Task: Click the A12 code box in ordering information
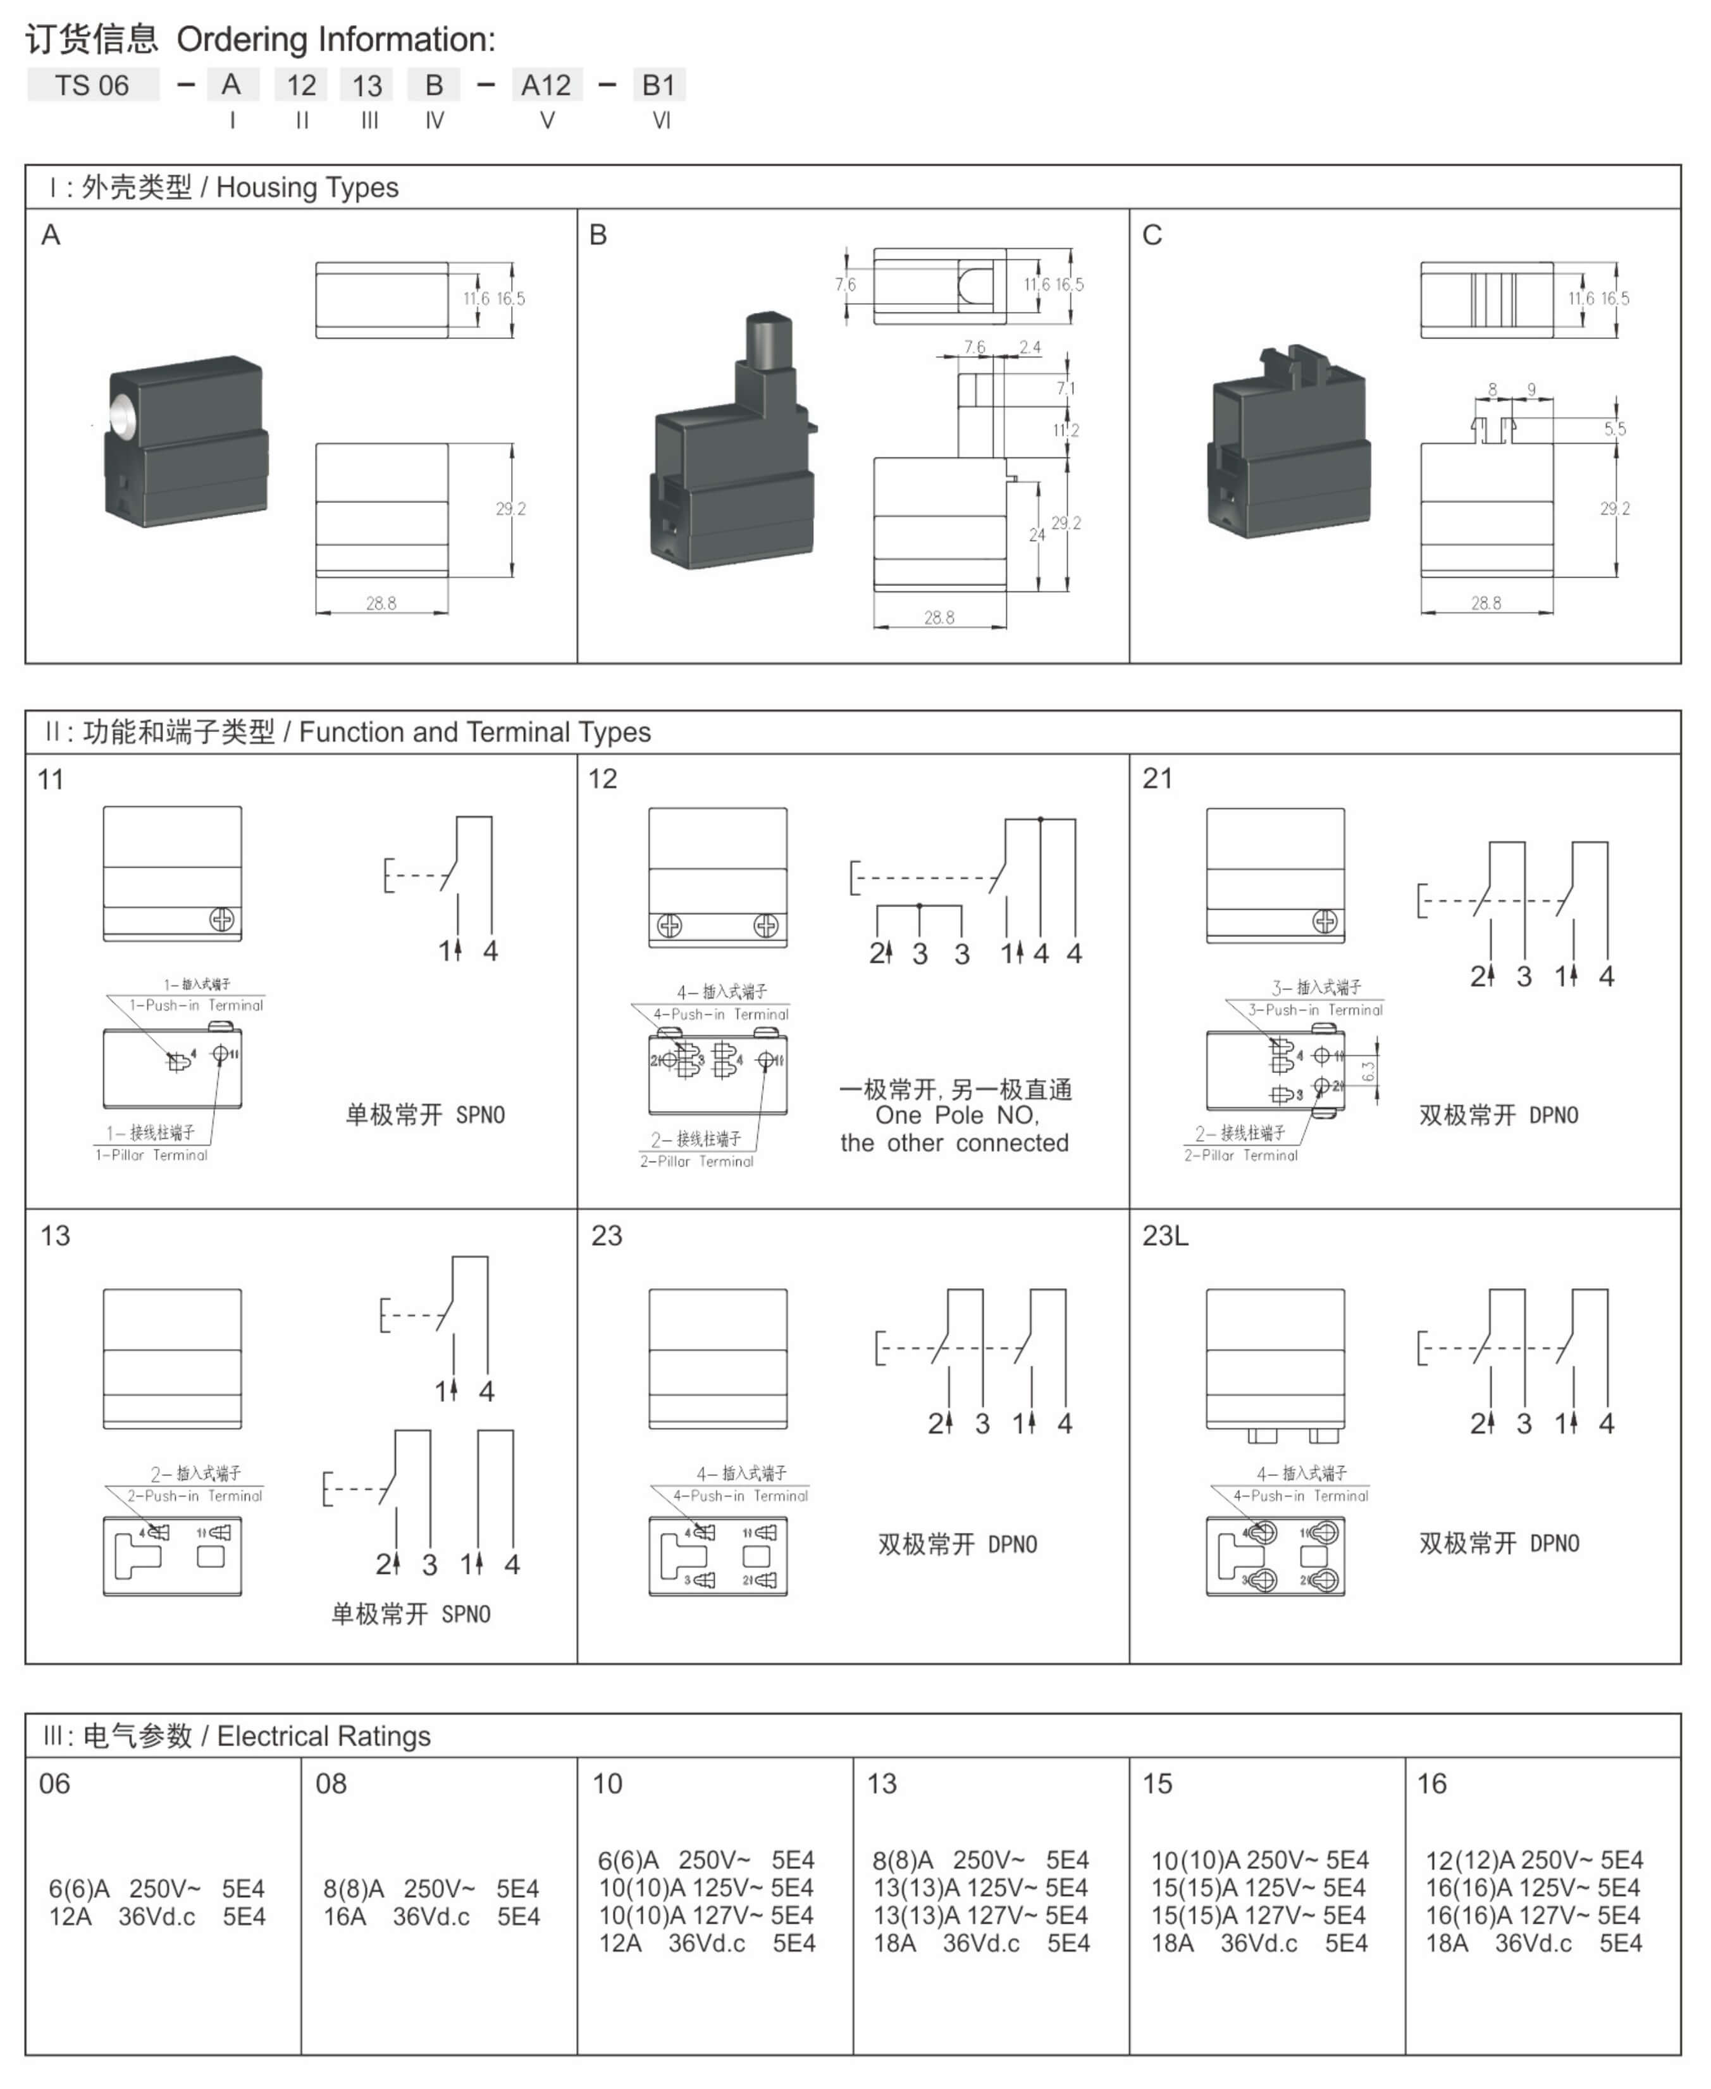[546, 86]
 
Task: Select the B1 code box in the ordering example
[658, 86]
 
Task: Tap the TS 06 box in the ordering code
[92, 86]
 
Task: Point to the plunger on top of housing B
[769, 340]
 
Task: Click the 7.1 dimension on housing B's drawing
[1065, 388]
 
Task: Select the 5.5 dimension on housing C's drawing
[1614, 429]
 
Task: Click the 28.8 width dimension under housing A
[381, 602]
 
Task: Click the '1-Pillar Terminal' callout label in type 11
[152, 1155]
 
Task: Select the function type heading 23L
[1165, 1236]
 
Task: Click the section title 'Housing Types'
[307, 187]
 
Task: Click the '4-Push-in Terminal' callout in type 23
[740, 1496]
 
